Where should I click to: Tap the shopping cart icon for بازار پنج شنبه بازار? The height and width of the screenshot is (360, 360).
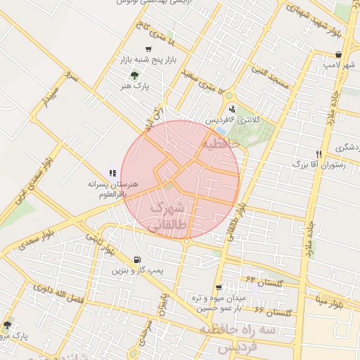(x=148, y=49)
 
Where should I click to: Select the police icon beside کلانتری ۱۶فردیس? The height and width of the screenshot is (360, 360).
(x=233, y=108)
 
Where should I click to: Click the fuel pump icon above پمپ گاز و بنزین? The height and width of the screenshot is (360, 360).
(x=136, y=259)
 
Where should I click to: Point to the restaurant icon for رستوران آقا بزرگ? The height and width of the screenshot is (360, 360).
(x=319, y=153)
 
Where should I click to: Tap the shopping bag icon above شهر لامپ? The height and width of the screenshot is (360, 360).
(x=339, y=54)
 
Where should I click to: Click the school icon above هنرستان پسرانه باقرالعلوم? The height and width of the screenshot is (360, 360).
(x=111, y=172)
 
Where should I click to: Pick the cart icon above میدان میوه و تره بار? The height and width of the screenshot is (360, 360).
(x=219, y=287)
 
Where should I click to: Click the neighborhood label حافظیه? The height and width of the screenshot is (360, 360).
(x=221, y=143)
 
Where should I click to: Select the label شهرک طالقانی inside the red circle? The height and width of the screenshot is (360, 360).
(x=169, y=215)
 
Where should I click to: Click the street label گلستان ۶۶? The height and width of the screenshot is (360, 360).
(x=269, y=310)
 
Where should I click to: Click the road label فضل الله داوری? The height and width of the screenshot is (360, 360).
(x=84, y=298)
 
